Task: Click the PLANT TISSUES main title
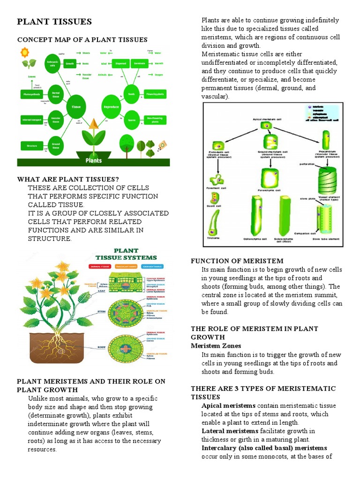click(54, 22)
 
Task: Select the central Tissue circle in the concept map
click(76, 106)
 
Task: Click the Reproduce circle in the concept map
click(111, 106)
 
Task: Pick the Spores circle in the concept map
click(131, 120)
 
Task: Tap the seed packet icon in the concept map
click(162, 143)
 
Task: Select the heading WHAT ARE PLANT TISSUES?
click(68, 180)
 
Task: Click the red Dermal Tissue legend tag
click(100, 266)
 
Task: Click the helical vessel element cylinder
click(326, 179)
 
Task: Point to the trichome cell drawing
click(214, 223)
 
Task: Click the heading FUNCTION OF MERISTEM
click(237, 261)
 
